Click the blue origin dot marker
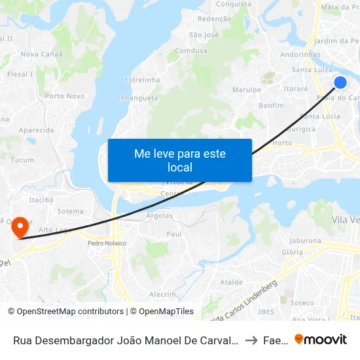pos(340,82)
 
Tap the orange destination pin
pos(20,227)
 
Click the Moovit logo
pos(321,339)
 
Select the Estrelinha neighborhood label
pos(142,80)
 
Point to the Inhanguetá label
pos(137,98)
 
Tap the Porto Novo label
pos(65,96)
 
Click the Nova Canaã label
pos(37,54)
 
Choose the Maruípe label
pos(247,90)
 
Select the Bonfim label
pos(271,105)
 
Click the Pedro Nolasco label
pos(107,243)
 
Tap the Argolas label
pos(160,215)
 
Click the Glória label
pos(292,252)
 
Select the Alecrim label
pos(163,295)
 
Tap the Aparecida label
pos(37,130)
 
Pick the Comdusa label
pos(191,50)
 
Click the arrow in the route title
pos(251,340)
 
